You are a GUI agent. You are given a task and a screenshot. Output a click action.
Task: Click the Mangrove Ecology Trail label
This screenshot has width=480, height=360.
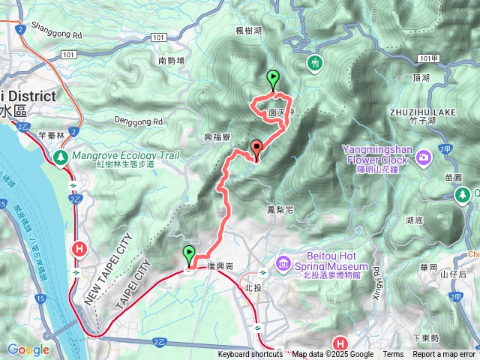click(127, 155)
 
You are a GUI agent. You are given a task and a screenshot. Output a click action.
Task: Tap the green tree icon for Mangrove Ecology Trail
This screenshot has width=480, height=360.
click(60, 157)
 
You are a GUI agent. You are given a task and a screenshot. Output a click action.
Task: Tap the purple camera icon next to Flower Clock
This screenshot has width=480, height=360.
click(424, 157)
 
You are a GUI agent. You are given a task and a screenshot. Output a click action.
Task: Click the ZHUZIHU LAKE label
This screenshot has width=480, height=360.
click(423, 112)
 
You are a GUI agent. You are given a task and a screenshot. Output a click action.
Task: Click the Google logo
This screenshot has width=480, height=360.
click(28, 349)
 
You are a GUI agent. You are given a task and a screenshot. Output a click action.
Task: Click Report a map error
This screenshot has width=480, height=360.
click(444, 355)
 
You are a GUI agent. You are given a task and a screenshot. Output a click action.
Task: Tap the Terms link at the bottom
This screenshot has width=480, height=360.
click(393, 355)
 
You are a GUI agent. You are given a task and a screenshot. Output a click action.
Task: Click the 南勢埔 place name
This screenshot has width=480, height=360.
click(172, 61)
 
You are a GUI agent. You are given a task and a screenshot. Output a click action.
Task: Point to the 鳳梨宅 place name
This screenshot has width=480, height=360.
click(278, 211)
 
